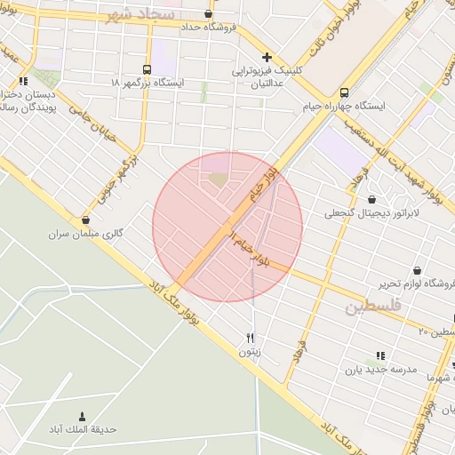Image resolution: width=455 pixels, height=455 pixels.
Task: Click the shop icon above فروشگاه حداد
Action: (x=208, y=14)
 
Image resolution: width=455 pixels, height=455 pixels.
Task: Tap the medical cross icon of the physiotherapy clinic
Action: (x=267, y=57)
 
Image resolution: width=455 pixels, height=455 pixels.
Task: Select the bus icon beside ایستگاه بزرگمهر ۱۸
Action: (x=147, y=69)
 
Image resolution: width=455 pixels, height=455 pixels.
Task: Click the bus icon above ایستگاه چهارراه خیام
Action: (x=344, y=92)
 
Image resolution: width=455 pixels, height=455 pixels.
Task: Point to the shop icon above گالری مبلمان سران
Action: (x=85, y=220)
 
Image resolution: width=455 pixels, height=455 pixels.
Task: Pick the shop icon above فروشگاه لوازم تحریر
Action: (x=417, y=269)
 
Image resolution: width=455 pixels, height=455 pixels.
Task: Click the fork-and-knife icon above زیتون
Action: (x=251, y=338)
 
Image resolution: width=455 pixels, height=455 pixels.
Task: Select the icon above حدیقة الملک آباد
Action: (x=83, y=416)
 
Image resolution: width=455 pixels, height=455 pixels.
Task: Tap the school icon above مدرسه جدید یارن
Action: (x=380, y=355)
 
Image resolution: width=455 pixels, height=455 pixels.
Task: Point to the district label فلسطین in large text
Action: (x=373, y=307)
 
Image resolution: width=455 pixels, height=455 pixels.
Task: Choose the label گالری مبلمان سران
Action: (x=88, y=234)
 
